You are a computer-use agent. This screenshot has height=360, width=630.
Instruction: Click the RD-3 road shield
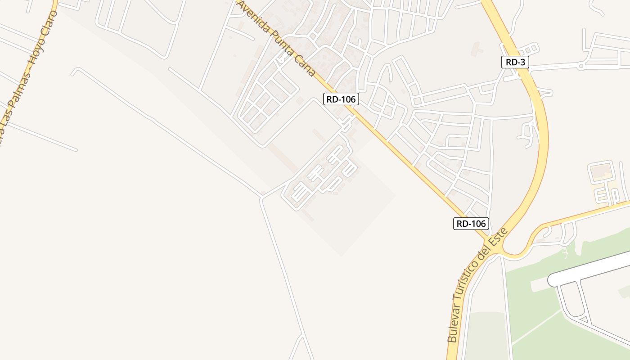(515, 62)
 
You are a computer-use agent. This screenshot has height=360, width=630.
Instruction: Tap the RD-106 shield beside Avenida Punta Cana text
(341, 99)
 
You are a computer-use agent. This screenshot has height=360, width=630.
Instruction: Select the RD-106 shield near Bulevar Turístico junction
(471, 223)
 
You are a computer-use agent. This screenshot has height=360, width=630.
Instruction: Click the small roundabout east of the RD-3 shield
(581, 66)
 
